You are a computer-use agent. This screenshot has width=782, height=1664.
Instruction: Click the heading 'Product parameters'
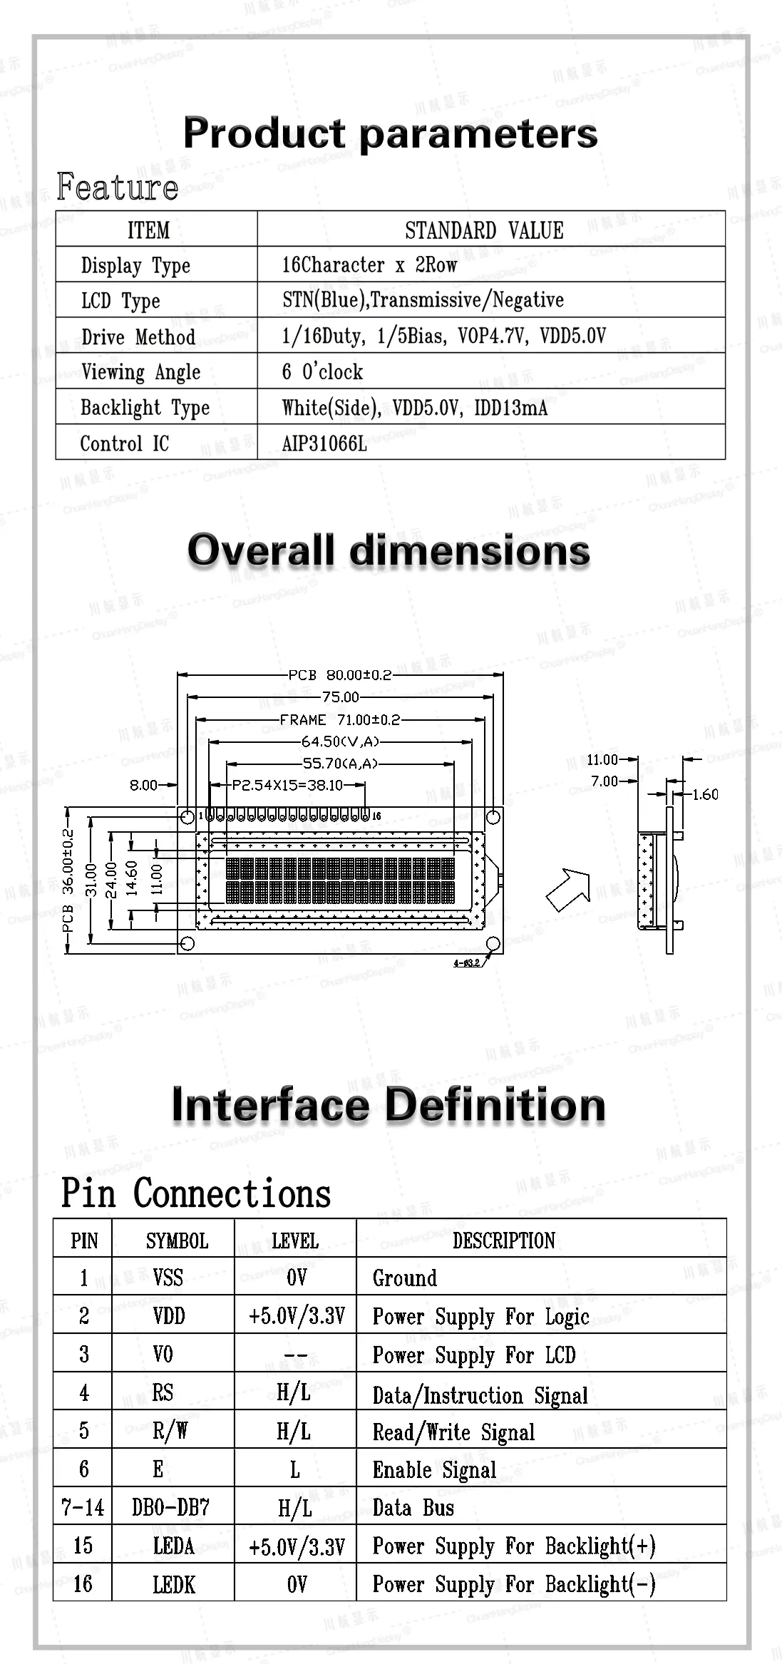pyautogui.click(x=390, y=133)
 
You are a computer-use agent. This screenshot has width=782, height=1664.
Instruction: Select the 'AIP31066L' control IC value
pyautogui.click(x=324, y=444)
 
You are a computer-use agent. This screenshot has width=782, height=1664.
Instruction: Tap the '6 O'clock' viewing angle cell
pyautogui.click(x=322, y=371)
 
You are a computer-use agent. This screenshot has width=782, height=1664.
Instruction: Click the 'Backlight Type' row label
pyautogui.click(x=145, y=408)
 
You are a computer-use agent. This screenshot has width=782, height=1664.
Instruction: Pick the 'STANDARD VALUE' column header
pyautogui.click(x=484, y=230)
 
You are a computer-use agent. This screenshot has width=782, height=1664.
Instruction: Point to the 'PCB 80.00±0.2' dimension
pyautogui.click(x=340, y=674)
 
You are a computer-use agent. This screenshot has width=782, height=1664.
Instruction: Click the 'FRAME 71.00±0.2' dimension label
pyautogui.click(x=340, y=720)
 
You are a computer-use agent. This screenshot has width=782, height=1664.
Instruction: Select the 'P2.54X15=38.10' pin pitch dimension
pyautogui.click(x=288, y=785)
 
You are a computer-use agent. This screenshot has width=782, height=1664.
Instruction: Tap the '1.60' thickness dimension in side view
pyautogui.click(x=705, y=794)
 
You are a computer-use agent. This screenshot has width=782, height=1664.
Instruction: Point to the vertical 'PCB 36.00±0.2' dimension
pyautogui.click(x=68, y=880)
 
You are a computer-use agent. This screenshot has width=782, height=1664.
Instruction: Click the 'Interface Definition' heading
pyautogui.click(x=389, y=1104)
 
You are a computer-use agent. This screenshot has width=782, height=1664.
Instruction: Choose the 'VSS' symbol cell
pyautogui.click(x=168, y=1277)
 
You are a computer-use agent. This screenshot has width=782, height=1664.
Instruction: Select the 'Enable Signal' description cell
pyautogui.click(x=434, y=1469)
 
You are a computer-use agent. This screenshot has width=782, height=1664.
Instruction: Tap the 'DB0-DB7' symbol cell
pyautogui.click(x=171, y=1507)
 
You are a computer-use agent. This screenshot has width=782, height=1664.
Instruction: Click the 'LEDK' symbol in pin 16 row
pyautogui.click(x=173, y=1584)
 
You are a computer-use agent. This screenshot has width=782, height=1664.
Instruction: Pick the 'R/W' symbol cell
pyautogui.click(x=170, y=1430)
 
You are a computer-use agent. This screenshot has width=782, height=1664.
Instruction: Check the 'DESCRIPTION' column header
pyautogui.click(x=504, y=1240)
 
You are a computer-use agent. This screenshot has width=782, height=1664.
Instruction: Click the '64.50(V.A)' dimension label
pyautogui.click(x=340, y=742)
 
